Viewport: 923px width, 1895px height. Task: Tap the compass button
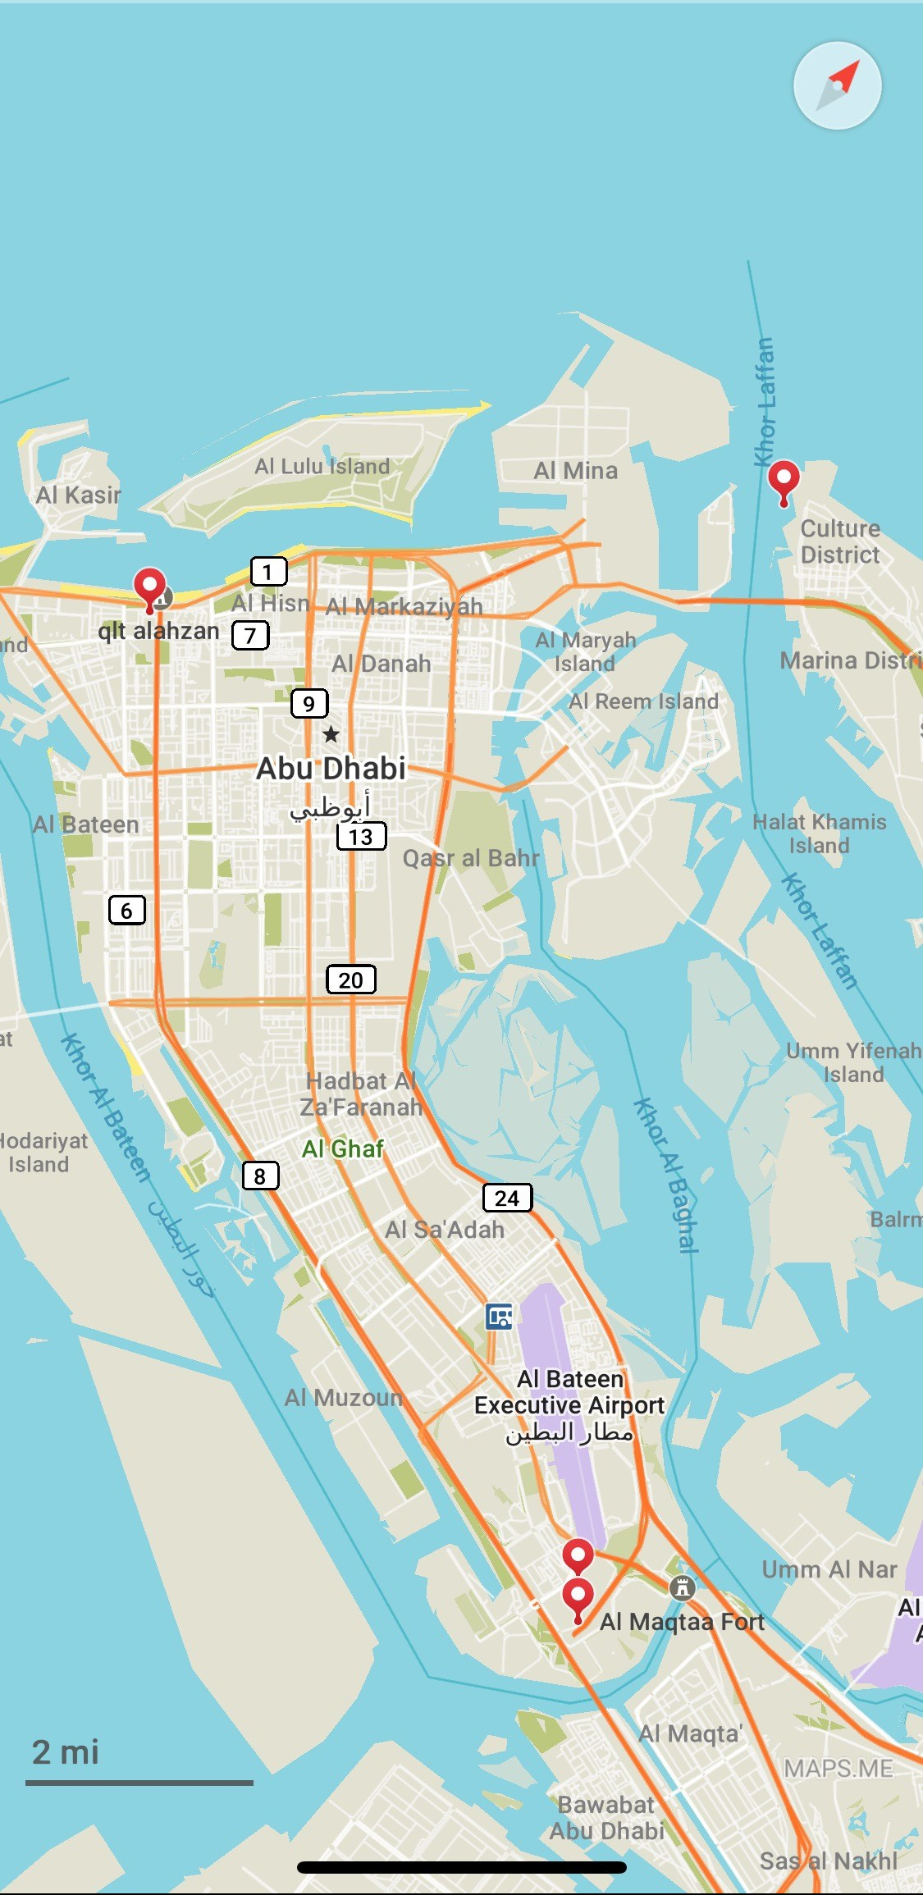pyautogui.click(x=837, y=85)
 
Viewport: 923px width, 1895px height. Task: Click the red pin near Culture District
pyautogui.click(x=784, y=480)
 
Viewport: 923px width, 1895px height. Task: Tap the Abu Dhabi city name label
pyautogui.click(x=331, y=769)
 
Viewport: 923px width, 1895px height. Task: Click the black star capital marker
pyautogui.click(x=331, y=733)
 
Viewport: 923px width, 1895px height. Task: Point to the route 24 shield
pyautogui.click(x=507, y=1198)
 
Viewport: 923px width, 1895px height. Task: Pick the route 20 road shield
pyautogui.click(x=351, y=979)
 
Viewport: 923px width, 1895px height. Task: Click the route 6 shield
pyautogui.click(x=127, y=910)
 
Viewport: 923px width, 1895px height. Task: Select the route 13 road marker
pyautogui.click(x=361, y=836)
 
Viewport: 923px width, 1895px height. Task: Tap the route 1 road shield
pyautogui.click(x=268, y=571)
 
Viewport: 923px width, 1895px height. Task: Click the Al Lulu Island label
pyautogui.click(x=322, y=466)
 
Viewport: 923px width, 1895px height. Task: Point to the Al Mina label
pyautogui.click(x=575, y=471)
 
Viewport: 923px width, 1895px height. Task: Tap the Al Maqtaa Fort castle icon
pyautogui.click(x=682, y=1587)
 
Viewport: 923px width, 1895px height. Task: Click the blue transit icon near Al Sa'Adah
pyautogui.click(x=499, y=1316)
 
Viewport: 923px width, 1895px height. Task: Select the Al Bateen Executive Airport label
pyautogui.click(x=569, y=1404)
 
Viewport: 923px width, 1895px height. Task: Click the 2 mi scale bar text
pyautogui.click(x=66, y=1752)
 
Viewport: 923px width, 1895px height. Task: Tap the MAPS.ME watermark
pyautogui.click(x=838, y=1769)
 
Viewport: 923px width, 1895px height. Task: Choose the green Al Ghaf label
pyautogui.click(x=342, y=1148)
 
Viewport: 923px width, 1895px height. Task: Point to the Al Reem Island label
pyautogui.click(x=643, y=701)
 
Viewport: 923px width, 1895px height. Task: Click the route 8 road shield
pyautogui.click(x=261, y=1176)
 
